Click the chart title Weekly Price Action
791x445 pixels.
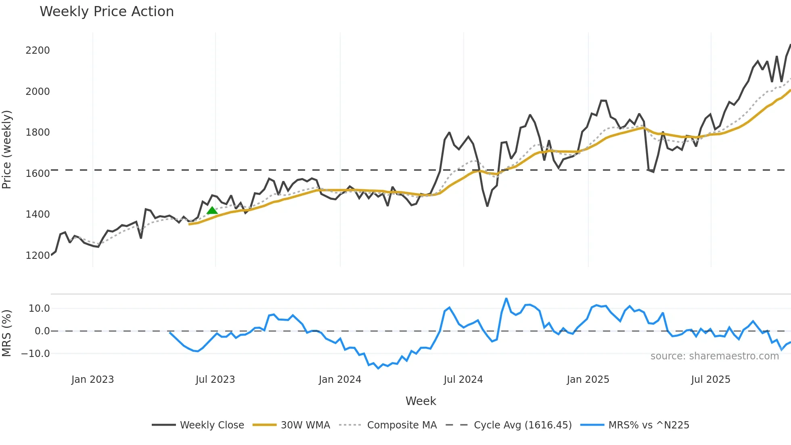pos(107,12)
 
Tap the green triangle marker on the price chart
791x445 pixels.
pos(212,210)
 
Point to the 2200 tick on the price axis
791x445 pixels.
pos(38,50)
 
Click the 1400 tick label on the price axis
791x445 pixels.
pos(38,214)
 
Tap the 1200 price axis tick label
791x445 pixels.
pos(38,256)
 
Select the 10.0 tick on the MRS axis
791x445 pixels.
pos(39,309)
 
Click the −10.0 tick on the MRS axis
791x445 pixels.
pos(36,354)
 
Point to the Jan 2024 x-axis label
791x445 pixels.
pos(340,380)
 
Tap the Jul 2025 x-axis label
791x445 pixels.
pos(711,380)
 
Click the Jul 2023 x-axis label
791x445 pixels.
pos(215,380)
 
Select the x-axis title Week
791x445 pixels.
pos(421,401)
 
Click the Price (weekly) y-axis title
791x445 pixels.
pos(6,149)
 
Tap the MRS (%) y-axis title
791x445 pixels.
pos(6,333)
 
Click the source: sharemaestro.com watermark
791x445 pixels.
pos(714,356)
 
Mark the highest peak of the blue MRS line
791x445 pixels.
pos(506,299)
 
